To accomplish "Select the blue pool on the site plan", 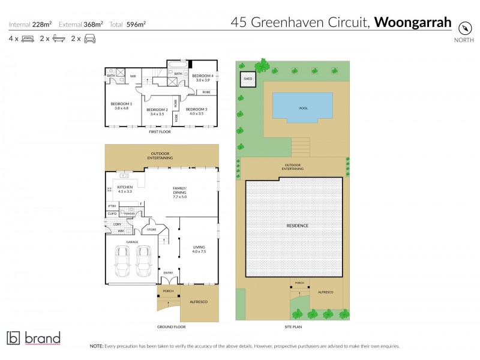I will tap(302, 106).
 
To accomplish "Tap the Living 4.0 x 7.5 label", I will tap(199, 248).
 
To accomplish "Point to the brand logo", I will tap(34, 338).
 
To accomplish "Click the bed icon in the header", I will tap(28, 39).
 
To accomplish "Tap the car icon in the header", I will tap(89, 39).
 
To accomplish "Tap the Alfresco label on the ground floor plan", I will tap(198, 301).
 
